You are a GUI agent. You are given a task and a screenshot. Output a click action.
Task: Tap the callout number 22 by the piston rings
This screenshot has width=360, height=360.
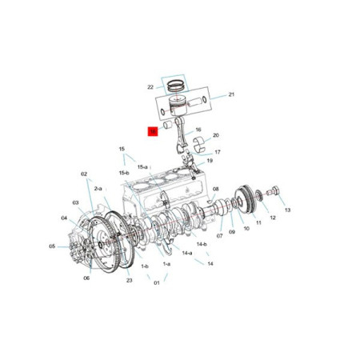click(150, 87)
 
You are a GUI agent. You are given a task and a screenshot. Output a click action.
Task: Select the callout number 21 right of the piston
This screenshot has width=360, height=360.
click(231, 95)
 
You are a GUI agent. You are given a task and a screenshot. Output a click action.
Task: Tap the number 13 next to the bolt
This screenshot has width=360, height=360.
click(287, 210)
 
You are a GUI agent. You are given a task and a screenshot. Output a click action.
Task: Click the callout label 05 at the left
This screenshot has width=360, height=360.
click(52, 246)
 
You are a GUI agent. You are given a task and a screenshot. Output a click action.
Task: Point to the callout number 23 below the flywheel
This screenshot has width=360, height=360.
click(128, 270)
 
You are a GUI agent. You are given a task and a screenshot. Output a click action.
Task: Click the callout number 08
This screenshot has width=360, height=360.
click(215, 190)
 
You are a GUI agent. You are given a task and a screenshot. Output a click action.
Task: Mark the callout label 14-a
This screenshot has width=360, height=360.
click(186, 253)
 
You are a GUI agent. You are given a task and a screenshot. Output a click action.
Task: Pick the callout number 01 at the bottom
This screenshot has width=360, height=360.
click(157, 282)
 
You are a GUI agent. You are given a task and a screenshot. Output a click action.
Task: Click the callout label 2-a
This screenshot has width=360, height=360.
click(98, 188)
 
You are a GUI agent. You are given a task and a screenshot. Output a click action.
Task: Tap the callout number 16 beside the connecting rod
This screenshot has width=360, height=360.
click(197, 130)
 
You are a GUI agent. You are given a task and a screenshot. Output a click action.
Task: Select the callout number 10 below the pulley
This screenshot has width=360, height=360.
click(246, 228)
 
